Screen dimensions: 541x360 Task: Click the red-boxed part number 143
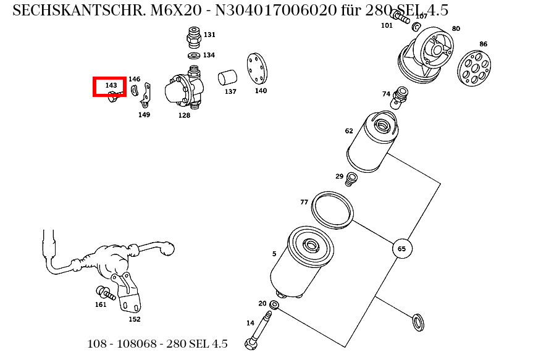coord(111,85)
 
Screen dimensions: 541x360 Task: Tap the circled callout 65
coord(401,249)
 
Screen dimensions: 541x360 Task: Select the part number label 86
coord(483,44)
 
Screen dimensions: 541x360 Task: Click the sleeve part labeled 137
coord(228,78)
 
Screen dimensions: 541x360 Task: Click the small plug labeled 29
coord(352,180)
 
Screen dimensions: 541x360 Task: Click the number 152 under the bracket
coord(134,319)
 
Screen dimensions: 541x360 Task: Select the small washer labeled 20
coord(275,305)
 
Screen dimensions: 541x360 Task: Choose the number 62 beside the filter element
coord(349,131)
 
